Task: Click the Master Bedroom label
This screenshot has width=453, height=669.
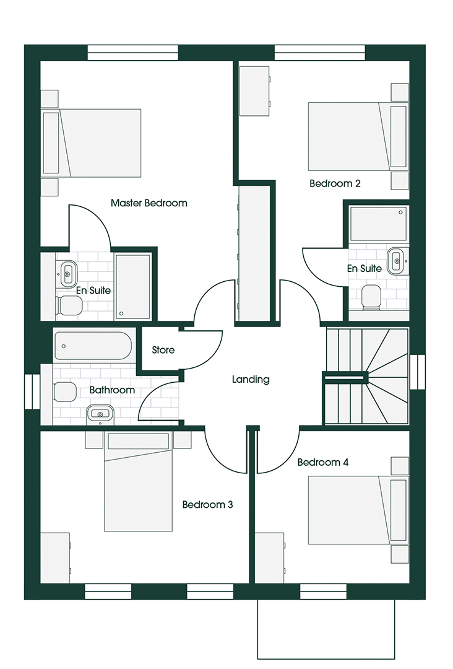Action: point(149,203)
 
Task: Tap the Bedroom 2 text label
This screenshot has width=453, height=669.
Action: point(335,183)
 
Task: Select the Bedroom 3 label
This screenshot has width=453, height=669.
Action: point(207,505)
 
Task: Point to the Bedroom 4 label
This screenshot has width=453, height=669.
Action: point(323,462)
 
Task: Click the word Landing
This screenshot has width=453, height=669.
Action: point(251,379)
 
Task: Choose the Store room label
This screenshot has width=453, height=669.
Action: point(163,350)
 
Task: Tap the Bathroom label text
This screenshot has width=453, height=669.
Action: point(112,390)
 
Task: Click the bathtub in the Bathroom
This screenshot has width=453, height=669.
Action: point(93,346)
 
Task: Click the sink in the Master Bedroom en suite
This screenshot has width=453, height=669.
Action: point(68,274)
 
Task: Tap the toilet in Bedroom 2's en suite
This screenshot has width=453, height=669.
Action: point(371,297)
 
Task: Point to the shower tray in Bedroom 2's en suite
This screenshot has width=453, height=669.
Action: point(378,224)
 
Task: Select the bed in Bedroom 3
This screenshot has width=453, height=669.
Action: point(139,481)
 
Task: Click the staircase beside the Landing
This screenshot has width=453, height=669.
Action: point(367,377)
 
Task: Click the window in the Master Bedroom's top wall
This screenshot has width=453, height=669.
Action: point(133,53)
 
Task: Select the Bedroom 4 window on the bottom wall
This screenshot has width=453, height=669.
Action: point(324,592)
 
